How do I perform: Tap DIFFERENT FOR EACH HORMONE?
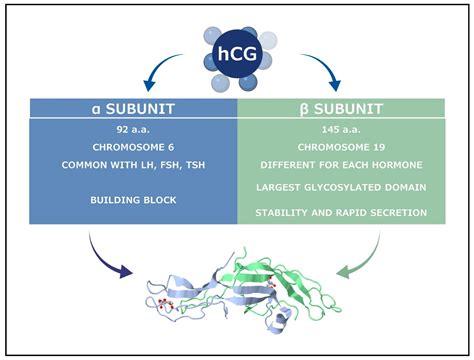coord(340,164)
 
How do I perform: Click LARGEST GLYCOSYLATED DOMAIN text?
coord(340,187)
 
